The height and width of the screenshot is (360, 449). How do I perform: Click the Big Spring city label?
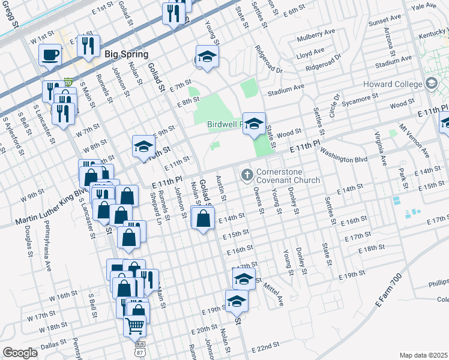[126, 54]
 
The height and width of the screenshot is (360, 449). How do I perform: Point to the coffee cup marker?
[50, 55]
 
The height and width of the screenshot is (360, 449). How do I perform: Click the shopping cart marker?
[135, 326]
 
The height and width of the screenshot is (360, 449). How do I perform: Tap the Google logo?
[20, 353]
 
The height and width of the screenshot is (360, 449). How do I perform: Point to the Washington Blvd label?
[343, 155]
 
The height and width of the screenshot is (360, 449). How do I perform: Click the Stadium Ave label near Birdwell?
[286, 90]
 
